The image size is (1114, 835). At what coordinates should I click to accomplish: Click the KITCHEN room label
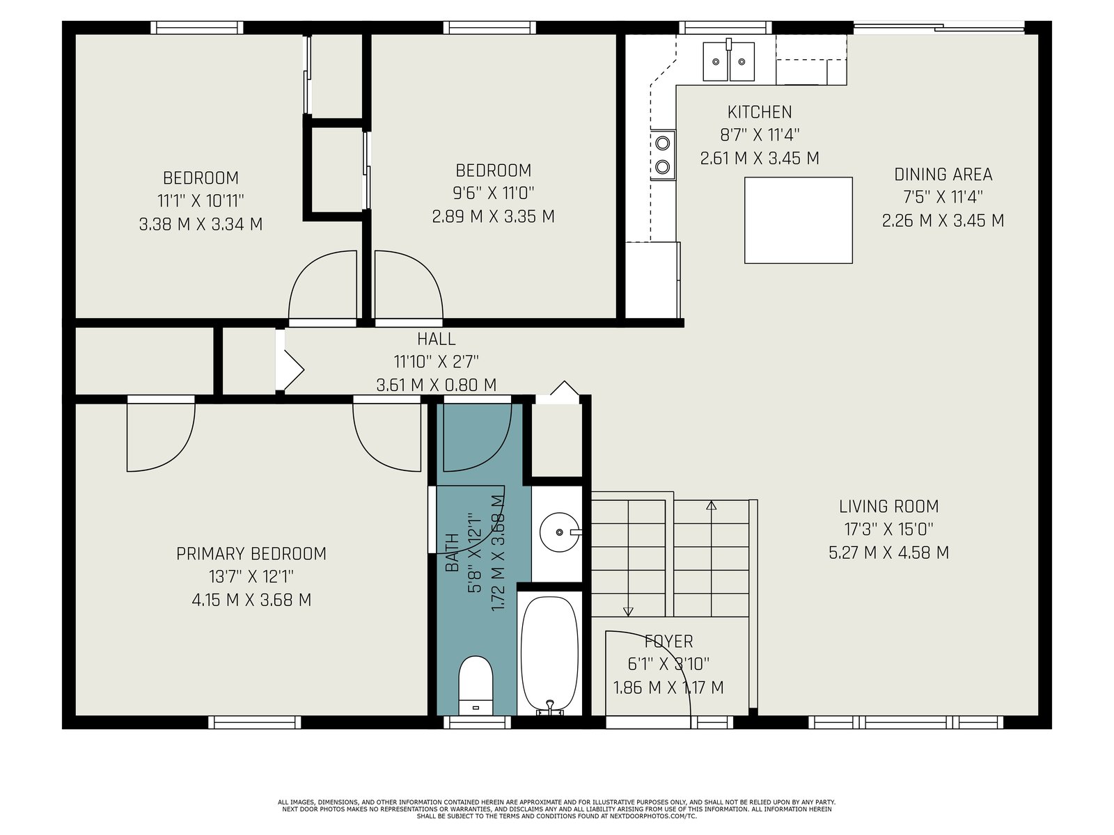(759, 111)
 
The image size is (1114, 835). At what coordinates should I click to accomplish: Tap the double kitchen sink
(728, 61)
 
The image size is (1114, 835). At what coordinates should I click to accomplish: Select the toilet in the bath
(476, 685)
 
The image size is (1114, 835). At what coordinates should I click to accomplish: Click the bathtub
(549, 655)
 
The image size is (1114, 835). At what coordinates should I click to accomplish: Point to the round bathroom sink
(559, 532)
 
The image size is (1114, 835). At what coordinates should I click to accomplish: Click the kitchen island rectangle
(799, 220)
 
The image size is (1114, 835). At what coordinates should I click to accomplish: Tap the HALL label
(436, 339)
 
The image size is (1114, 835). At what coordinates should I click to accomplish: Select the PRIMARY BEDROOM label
(251, 554)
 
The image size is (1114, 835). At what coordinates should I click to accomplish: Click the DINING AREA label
(943, 175)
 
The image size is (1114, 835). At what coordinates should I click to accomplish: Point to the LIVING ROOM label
(888, 506)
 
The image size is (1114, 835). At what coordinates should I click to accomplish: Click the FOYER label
(668, 642)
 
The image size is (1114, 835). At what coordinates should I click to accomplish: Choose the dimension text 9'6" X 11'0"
(494, 193)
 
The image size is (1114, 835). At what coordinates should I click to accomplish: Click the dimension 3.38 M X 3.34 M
(201, 224)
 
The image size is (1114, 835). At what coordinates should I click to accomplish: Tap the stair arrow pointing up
(711, 557)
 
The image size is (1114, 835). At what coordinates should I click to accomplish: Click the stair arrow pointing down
(628, 557)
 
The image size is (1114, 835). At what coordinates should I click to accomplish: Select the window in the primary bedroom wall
(254, 722)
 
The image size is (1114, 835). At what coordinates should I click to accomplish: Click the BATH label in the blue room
(452, 552)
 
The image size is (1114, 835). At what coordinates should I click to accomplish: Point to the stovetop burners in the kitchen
(663, 154)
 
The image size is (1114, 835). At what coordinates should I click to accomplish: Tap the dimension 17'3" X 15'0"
(888, 530)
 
